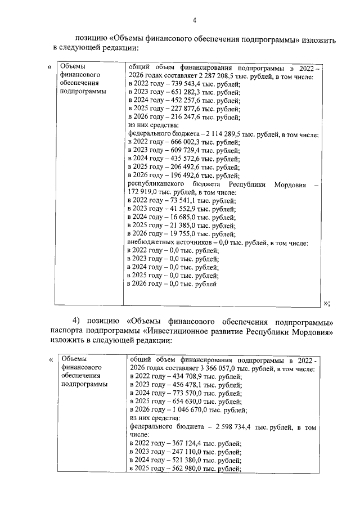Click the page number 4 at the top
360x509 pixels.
194,21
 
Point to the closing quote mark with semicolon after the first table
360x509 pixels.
327,303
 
